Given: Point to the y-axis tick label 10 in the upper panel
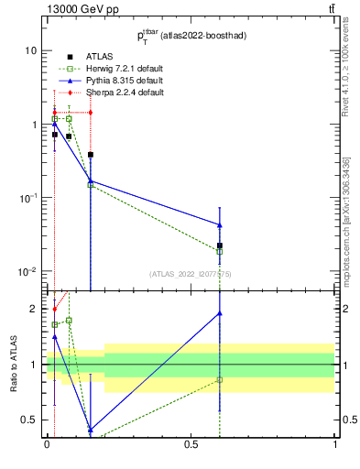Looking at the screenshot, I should (30, 50).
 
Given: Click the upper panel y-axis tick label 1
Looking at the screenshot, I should (34, 125).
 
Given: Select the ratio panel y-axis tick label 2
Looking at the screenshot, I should (34, 309).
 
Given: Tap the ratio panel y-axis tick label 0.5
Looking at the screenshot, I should (29, 420).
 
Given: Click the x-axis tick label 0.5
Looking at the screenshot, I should (191, 445).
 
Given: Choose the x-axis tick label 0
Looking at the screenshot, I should (47, 445).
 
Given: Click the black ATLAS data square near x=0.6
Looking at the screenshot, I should (220, 245).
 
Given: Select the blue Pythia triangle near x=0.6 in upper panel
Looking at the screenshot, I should (220, 224).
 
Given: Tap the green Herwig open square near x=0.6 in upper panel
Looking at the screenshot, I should (220, 252).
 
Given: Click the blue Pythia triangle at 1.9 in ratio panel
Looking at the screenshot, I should (220, 313).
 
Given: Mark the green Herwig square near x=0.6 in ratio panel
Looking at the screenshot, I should (220, 379).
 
